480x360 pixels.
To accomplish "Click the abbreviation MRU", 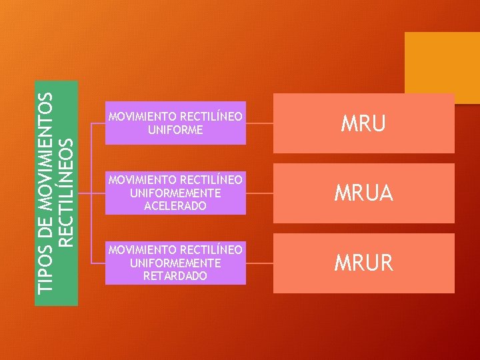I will pos(363,124).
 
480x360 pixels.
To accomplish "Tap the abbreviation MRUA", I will pos(363,193).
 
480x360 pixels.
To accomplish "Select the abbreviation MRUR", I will pos(363,263).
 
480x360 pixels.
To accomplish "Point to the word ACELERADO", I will pos(175,206).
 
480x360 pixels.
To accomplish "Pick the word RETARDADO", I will pos(175,275).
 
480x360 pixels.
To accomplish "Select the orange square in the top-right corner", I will pos(442,67).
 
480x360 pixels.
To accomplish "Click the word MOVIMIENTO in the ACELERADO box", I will pos(142,180).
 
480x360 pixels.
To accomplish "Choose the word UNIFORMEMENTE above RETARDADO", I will pos(175,263).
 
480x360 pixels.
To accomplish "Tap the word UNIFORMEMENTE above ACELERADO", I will pos(175,193).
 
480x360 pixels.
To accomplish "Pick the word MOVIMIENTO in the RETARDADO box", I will pos(142,249).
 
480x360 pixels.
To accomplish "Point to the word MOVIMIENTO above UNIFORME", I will pos(142,117).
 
